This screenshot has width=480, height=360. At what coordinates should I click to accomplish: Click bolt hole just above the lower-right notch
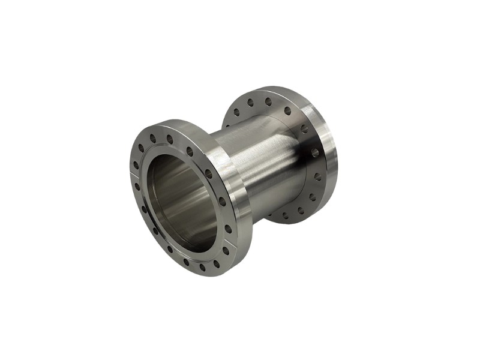coord(229,229)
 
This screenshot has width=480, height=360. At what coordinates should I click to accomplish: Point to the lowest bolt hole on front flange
coord(202,267)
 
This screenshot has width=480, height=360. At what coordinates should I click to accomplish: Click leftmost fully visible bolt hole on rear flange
coord(236,112)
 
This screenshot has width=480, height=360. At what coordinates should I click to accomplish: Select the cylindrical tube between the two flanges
coord(264,168)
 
